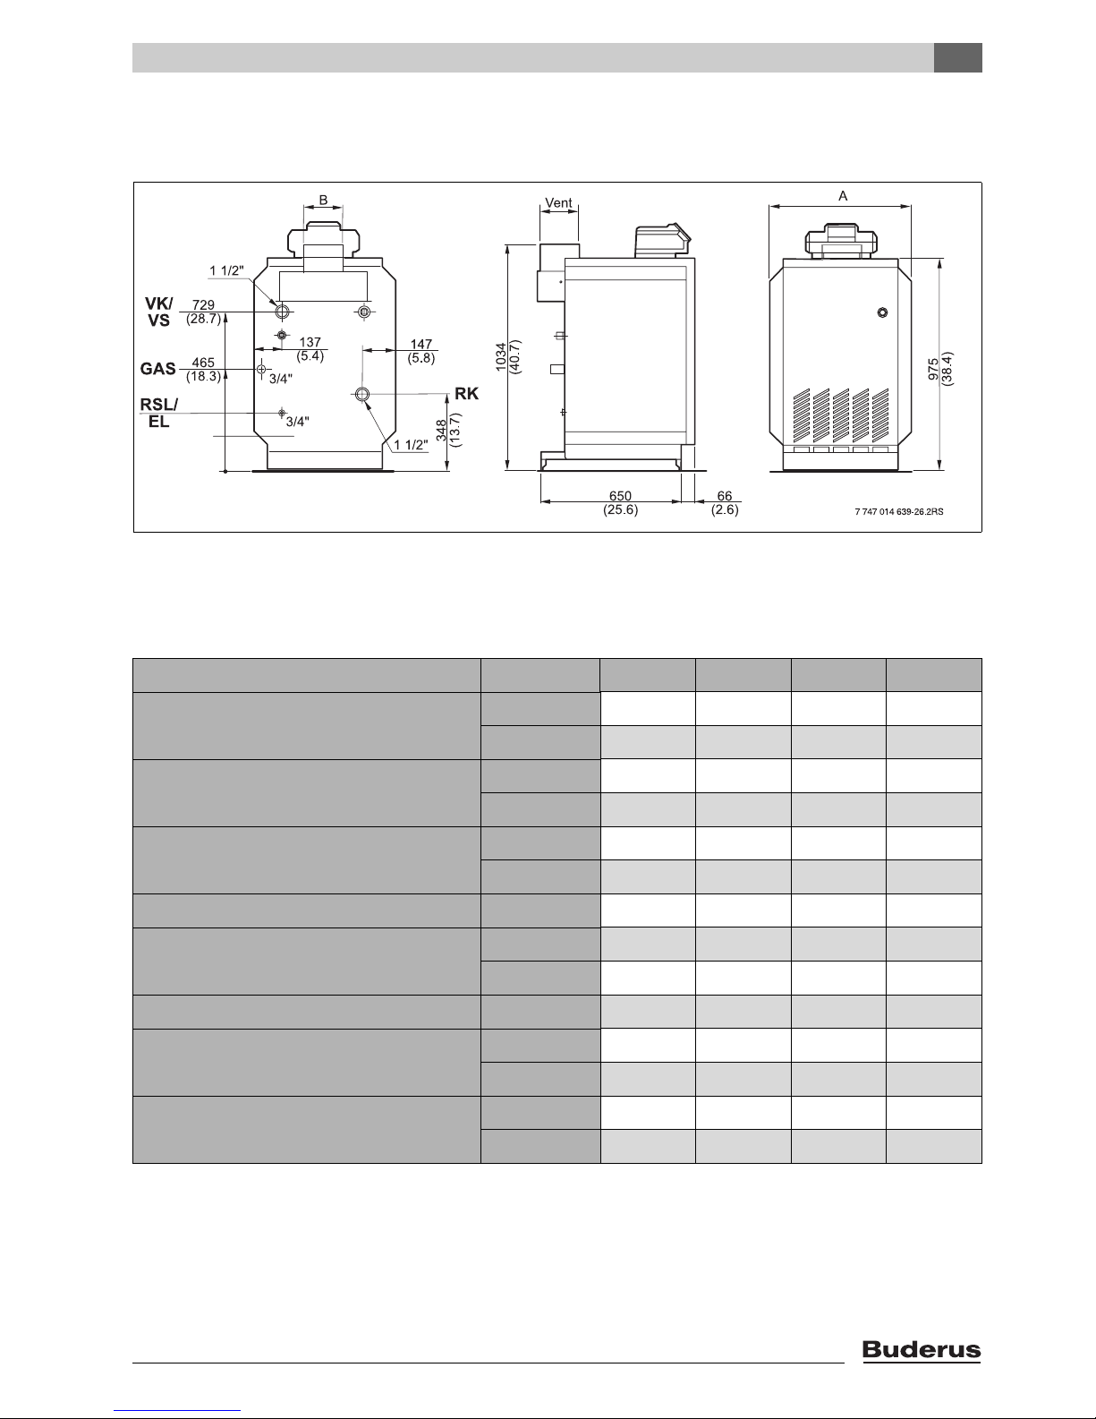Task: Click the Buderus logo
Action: click(x=922, y=1350)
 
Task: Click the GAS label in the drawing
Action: click(x=157, y=369)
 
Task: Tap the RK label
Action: click(x=466, y=393)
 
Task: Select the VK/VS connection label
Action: click(x=158, y=312)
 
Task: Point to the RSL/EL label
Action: click(x=158, y=414)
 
